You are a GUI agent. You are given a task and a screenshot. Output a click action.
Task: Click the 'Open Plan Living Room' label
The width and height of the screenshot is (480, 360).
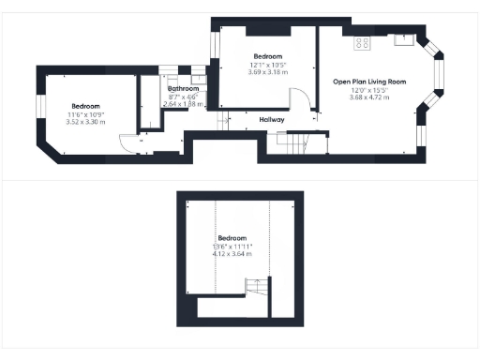pyautogui.click(x=369, y=82)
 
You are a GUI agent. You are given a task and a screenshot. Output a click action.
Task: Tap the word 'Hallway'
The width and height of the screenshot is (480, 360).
pyautogui.click(x=272, y=120)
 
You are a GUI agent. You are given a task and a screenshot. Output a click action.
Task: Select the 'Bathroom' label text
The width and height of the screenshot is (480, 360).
pyautogui.click(x=183, y=89)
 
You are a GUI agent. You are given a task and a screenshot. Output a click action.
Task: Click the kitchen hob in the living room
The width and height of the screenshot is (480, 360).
pyautogui.click(x=363, y=42)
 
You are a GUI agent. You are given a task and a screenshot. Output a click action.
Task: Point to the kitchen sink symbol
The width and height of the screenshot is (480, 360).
pyautogui.click(x=404, y=40)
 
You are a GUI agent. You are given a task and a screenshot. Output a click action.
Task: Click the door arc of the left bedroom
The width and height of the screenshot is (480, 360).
pyautogui.click(x=127, y=143)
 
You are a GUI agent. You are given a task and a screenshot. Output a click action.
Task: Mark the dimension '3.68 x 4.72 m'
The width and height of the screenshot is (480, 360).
pyautogui.click(x=369, y=97)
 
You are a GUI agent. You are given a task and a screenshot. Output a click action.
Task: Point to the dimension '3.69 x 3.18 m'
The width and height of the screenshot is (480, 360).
pyautogui.click(x=268, y=71)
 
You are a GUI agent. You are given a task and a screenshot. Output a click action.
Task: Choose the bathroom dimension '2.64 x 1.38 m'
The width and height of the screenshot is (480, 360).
pyautogui.click(x=183, y=104)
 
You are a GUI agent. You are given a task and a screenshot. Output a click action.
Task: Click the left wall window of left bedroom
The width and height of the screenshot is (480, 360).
pyautogui.click(x=39, y=106)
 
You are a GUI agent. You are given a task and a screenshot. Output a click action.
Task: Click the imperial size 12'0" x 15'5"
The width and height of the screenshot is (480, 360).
pyautogui.click(x=369, y=89)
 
